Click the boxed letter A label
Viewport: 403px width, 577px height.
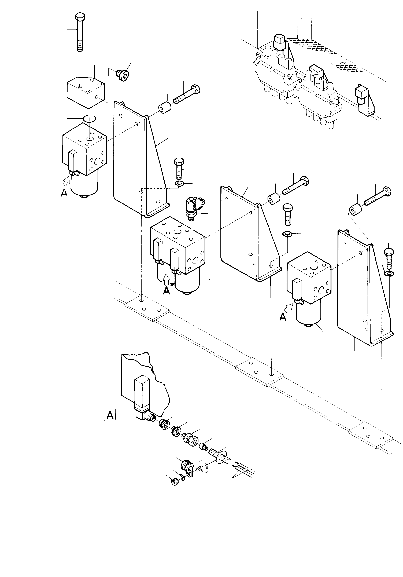(110, 415)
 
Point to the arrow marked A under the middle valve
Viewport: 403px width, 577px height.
(166, 279)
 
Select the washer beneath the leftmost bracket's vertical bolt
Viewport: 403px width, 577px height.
(180, 185)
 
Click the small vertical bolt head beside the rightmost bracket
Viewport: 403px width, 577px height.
(389, 251)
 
